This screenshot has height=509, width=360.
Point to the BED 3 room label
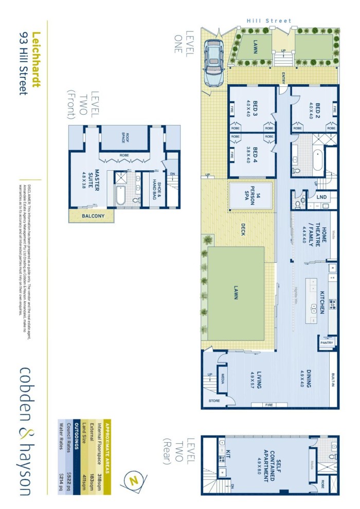click(x=252, y=110)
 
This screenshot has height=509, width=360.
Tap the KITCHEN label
click(x=321, y=301)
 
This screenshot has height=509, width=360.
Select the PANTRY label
click(x=327, y=343)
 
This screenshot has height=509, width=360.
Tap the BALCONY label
click(x=92, y=216)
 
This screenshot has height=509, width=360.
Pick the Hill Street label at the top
click(x=269, y=21)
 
